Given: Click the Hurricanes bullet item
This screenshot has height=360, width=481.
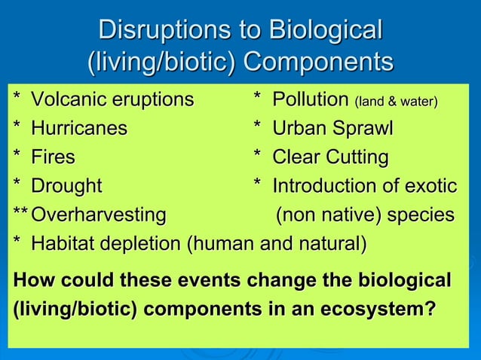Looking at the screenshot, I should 78,129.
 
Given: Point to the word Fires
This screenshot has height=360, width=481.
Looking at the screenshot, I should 53,157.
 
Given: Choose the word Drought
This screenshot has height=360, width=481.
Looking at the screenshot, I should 66,186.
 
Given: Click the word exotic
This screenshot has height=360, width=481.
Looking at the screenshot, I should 430,186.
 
